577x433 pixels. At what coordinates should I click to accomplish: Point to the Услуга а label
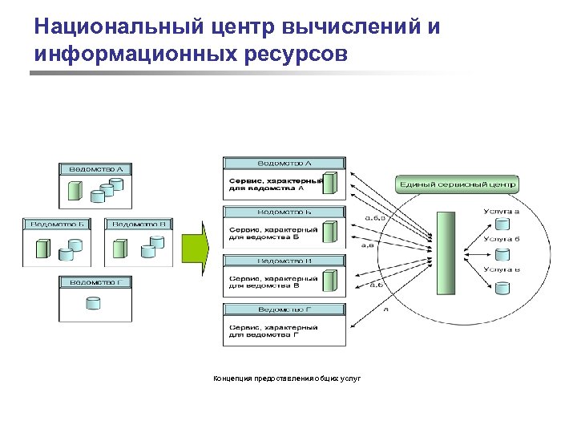[x=501, y=212]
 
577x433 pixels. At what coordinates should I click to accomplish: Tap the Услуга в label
[x=501, y=269]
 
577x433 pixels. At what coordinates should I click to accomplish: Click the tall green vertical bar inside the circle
[x=443, y=253]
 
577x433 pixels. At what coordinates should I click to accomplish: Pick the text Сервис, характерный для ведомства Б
[x=272, y=233]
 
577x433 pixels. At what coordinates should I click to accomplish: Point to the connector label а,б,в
[x=375, y=216]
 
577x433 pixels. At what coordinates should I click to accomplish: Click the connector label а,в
[x=367, y=245]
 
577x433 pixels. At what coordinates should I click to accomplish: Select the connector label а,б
[x=375, y=284]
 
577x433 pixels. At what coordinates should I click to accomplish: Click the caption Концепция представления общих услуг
[x=287, y=378]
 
